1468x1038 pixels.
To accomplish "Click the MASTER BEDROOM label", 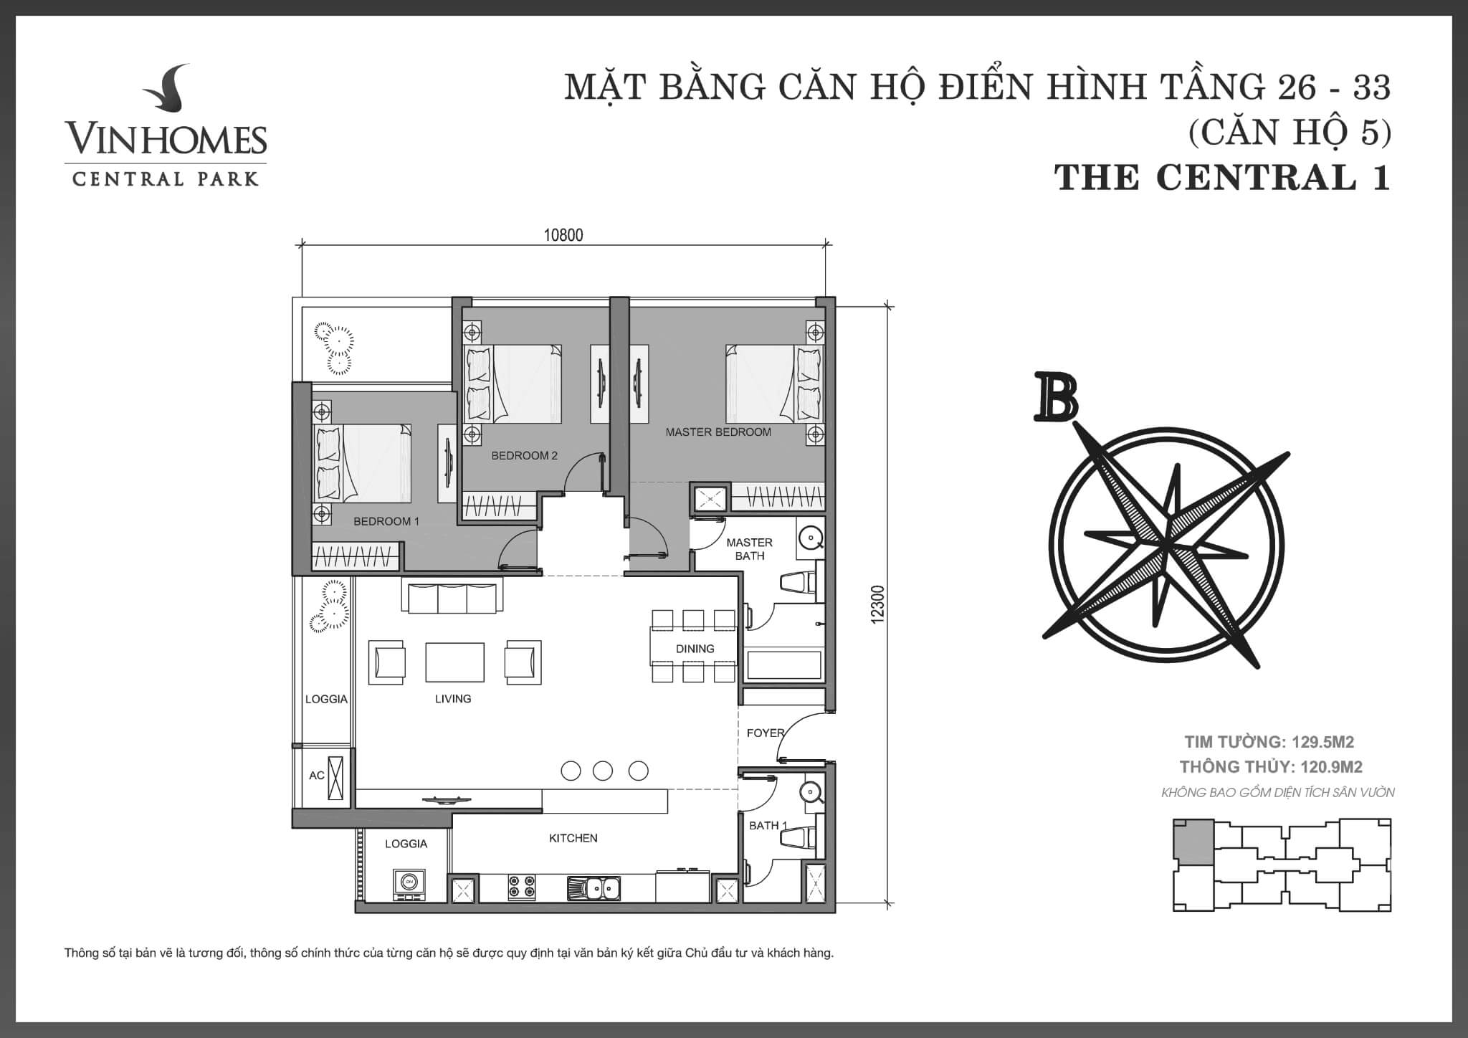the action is coord(718,432).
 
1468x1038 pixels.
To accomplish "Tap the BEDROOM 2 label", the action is coord(524,455).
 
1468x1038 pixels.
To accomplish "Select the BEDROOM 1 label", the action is coord(386,521).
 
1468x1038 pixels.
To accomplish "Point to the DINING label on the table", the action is coord(695,649).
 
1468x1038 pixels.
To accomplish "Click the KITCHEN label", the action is coord(573,838).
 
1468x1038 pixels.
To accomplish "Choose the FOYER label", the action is coord(766,733).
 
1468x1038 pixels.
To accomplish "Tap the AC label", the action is coord(316,776).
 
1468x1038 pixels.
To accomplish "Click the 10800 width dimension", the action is coord(563,235).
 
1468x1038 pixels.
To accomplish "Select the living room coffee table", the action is coord(454,662).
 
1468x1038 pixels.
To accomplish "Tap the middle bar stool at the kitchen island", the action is coord(603,771).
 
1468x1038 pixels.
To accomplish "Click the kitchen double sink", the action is coord(595,889).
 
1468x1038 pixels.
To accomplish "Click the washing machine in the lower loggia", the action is coord(409,885).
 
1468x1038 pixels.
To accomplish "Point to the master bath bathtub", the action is coord(783,665).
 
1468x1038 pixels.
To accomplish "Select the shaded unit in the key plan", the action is coord(1193,840).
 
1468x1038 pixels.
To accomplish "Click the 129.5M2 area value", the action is coord(1322,742).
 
